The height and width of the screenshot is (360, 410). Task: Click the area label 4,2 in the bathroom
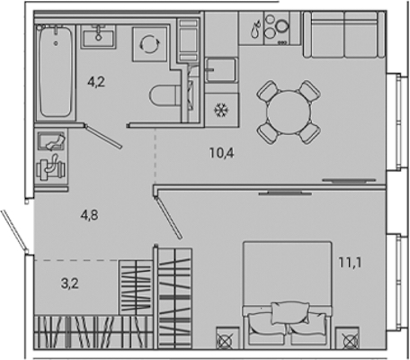point(96,82)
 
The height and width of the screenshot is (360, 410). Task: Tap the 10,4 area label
point(222,153)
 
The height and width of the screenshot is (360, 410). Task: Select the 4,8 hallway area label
point(90,215)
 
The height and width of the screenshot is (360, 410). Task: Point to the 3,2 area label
point(70,283)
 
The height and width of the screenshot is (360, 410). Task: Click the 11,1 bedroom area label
point(351,263)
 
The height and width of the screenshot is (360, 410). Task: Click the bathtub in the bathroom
point(56,72)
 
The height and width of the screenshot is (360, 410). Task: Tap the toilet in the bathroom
point(165,96)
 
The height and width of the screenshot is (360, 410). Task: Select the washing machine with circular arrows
point(150,44)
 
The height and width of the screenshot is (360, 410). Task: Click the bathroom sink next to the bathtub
point(98,37)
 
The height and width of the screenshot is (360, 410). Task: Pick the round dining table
point(289,112)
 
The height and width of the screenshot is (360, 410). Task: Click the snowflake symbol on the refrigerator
point(221,110)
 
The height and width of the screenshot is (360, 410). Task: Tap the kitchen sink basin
point(221,70)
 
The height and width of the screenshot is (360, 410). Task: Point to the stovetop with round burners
point(276,28)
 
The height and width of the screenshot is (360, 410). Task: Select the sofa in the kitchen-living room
point(344,34)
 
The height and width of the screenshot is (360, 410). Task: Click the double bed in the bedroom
point(288,295)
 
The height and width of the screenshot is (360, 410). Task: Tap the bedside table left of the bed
point(227,338)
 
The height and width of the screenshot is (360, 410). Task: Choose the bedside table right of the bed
point(347,338)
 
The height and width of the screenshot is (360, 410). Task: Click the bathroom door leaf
point(103,137)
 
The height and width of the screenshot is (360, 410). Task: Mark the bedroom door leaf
point(168,218)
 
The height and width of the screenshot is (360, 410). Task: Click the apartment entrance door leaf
point(14,230)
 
